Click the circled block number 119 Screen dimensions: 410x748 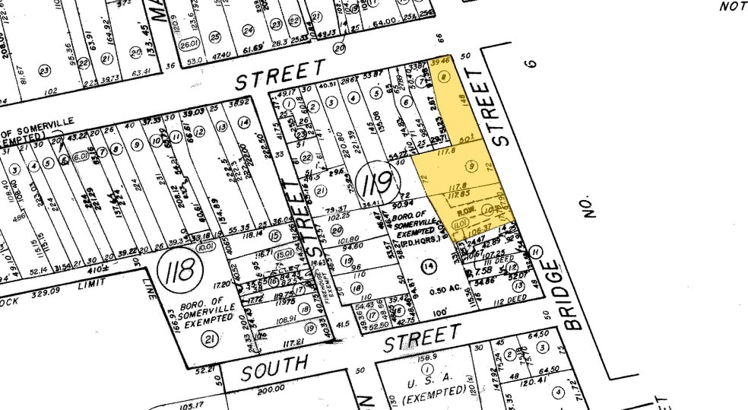coord(376,183)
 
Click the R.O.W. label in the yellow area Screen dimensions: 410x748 coord(465,209)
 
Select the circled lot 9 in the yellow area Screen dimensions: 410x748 coord(472,166)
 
